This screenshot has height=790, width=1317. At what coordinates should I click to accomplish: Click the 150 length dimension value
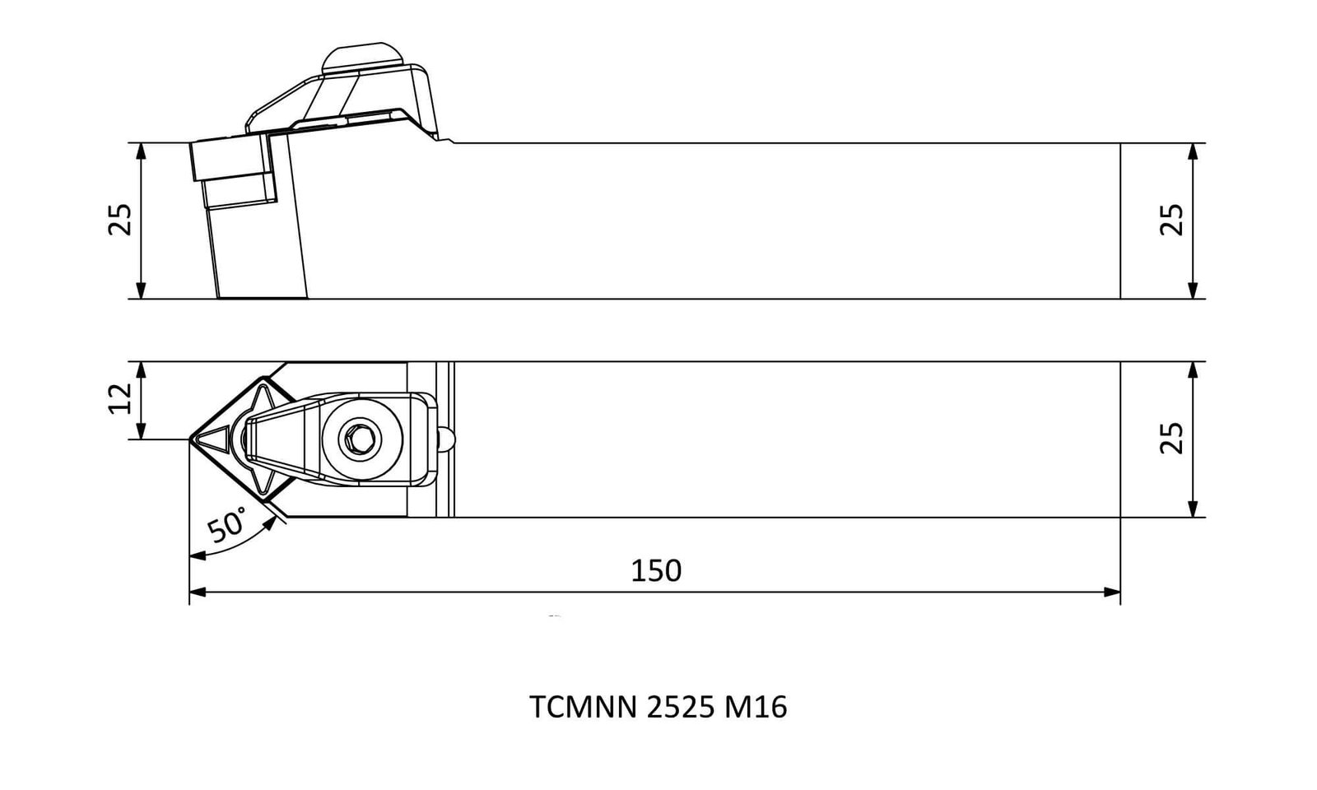pos(655,571)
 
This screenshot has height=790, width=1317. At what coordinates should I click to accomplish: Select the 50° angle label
pos(227,525)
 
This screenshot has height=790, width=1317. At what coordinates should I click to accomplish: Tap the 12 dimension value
pos(121,398)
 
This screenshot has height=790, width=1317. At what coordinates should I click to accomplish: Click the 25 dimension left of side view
pos(120,220)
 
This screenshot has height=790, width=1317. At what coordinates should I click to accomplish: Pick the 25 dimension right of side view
pos(1171,220)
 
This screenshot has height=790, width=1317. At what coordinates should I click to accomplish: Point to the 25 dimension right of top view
pos(1171,439)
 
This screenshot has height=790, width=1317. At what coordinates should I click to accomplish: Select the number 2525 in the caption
pos(681,707)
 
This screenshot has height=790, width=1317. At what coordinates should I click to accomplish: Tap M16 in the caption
pos(756,707)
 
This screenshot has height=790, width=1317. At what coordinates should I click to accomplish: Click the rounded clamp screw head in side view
pos(362,58)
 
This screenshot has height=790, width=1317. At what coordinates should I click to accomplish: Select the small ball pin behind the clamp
pos(447,439)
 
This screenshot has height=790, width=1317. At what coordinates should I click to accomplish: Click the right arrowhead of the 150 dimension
pos(1112,592)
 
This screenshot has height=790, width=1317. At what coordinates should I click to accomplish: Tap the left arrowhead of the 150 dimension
pos(198,592)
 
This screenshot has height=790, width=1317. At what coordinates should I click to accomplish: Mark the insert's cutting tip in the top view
pos(190,439)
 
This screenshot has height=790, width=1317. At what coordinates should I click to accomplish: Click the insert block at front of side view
pos(231,159)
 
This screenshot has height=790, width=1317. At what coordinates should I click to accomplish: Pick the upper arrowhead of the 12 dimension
pos(141,370)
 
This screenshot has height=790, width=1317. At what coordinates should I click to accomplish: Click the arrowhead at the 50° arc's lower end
pos(198,555)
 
